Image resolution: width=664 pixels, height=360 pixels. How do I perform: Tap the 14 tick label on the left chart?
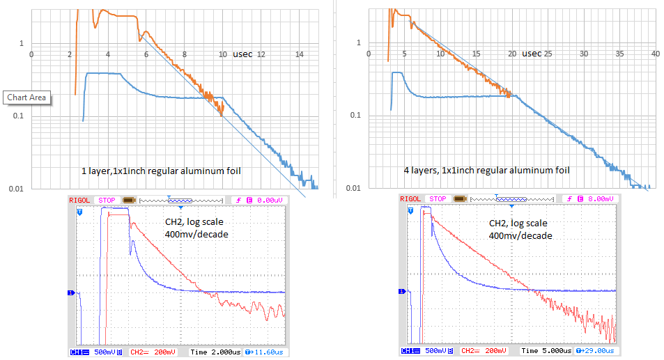(300, 54)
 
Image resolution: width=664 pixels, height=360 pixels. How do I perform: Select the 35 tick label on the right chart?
(619, 54)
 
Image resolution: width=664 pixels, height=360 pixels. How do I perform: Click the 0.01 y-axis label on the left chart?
(15, 189)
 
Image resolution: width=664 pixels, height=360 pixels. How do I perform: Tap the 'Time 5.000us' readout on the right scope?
(546, 352)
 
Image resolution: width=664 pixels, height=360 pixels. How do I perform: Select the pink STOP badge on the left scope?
(107, 200)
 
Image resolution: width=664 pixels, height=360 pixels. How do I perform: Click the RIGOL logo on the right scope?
(412, 199)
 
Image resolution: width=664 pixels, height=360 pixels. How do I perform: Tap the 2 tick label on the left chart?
(70, 54)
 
